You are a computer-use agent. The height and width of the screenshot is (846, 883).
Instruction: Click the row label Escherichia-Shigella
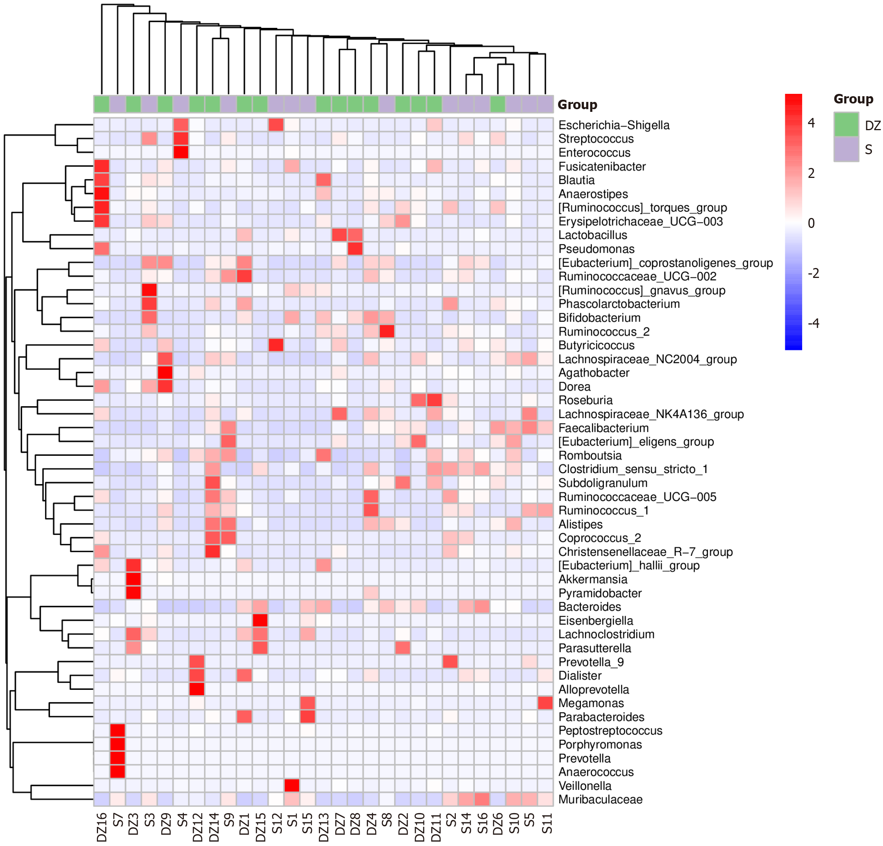tap(614, 125)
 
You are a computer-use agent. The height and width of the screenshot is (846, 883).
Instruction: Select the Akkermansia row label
tap(592, 580)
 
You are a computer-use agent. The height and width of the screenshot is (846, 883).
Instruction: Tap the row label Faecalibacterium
tap(603, 428)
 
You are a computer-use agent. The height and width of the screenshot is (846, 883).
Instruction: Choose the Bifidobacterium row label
tap(599, 318)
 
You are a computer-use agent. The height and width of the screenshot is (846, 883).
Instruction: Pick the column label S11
tap(547, 823)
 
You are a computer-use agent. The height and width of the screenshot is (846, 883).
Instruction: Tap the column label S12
tap(277, 823)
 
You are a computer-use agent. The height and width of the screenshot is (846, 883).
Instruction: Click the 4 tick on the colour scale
tap(811, 123)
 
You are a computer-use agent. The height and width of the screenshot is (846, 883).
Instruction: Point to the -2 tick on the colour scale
tap(813, 273)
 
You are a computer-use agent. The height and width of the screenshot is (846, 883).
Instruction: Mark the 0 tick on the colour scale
tap(811, 223)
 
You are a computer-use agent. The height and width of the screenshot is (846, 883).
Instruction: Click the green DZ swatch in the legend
tap(846, 124)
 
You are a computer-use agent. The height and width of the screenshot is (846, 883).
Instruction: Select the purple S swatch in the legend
tap(846, 149)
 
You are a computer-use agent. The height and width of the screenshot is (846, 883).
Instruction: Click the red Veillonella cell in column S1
tap(292, 786)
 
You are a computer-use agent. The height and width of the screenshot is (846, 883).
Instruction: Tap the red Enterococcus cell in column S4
tap(181, 152)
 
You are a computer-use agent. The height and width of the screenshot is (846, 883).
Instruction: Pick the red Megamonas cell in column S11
tap(545, 703)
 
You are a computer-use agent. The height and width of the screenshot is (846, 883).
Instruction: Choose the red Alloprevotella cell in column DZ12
tap(197, 689)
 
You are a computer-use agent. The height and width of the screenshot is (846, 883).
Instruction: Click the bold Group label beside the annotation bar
tap(577, 105)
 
